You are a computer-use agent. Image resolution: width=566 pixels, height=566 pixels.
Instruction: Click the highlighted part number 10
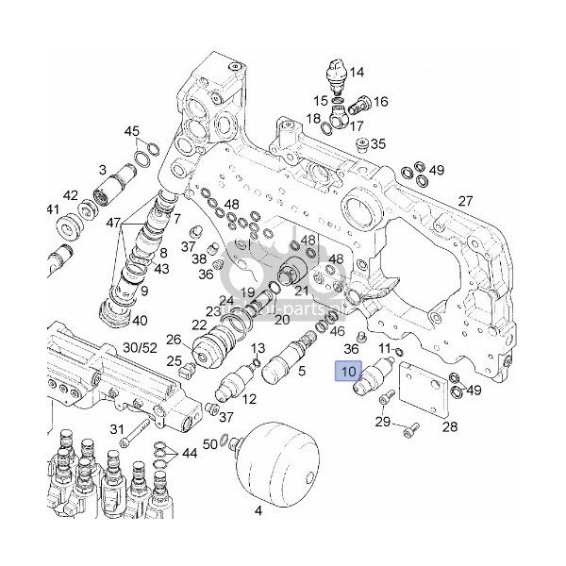pyautogui.click(x=350, y=372)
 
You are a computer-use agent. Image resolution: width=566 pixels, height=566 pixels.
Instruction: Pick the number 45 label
pyautogui.click(x=131, y=131)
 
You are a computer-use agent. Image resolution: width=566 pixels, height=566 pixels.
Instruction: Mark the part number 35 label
pyautogui.click(x=378, y=144)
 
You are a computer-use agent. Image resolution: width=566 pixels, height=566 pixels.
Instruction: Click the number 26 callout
pyautogui.click(x=174, y=340)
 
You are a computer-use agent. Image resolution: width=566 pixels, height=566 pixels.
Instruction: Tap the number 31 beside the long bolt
pyautogui.click(x=117, y=430)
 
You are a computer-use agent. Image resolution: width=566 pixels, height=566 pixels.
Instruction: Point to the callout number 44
pyautogui.click(x=190, y=455)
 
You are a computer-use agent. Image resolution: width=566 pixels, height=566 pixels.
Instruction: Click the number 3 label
pyautogui.click(x=102, y=169)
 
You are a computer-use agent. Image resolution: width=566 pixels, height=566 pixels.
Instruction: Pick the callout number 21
pyautogui.click(x=303, y=290)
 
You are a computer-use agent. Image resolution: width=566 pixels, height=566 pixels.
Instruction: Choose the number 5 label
pyautogui.click(x=301, y=372)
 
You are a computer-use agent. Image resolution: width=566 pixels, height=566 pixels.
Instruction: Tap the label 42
pyautogui.click(x=70, y=195)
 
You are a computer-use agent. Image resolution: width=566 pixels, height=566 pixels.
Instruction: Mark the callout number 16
pyautogui.click(x=381, y=102)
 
